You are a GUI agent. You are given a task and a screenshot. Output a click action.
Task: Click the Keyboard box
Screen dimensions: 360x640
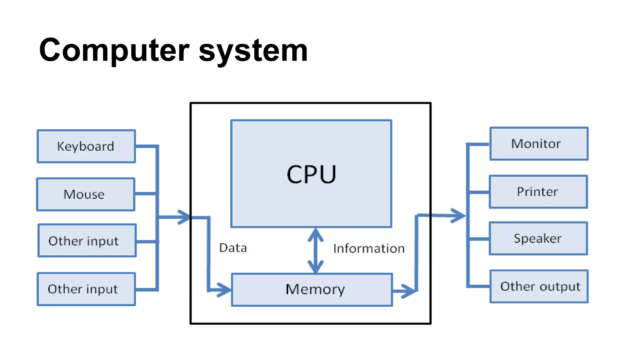tap(86, 146)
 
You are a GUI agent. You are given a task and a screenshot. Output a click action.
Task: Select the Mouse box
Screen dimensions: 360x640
tap(86, 194)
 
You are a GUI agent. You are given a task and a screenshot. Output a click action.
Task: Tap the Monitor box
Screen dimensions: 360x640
tap(539, 144)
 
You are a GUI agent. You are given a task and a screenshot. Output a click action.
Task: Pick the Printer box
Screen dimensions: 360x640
tap(538, 192)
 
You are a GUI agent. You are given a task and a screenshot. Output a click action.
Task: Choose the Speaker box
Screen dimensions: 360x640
tap(538, 238)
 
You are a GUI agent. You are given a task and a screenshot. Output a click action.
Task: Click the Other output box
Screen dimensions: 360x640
tap(539, 286)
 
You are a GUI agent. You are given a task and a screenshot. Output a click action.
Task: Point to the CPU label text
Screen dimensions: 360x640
tap(311, 174)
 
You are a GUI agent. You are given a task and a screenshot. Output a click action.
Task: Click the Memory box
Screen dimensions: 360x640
tap(312, 289)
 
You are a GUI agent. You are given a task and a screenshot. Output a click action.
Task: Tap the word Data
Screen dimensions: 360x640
tap(233, 248)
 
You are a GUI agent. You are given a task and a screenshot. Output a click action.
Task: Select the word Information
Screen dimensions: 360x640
tap(369, 248)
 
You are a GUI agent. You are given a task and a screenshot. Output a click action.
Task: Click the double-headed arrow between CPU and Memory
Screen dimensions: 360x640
tap(316, 250)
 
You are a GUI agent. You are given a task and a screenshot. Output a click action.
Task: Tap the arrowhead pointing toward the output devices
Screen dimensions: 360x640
tap(459, 215)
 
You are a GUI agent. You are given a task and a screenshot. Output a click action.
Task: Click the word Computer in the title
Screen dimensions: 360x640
tap(114, 50)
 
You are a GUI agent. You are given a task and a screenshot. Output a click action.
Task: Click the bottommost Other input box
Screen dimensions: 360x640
tap(86, 289)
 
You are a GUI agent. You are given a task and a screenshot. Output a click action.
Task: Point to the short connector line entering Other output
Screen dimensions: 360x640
tap(479, 286)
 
